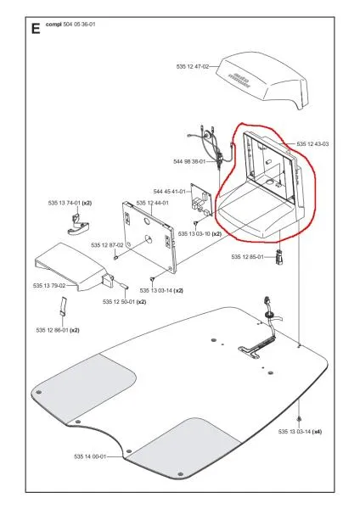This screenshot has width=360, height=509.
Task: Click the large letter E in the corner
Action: point(35,28)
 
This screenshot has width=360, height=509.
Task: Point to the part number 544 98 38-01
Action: point(190,161)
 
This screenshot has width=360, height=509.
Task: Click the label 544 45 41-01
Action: point(170,193)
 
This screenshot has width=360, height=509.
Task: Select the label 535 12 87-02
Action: point(108,245)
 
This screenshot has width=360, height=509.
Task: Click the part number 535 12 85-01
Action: point(248,256)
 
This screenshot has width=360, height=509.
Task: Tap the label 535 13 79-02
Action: point(50,286)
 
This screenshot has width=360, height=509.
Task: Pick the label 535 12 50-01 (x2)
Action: point(125,301)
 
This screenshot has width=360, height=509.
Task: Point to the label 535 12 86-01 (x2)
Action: point(58,329)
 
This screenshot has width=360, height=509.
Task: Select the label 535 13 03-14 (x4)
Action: point(300,432)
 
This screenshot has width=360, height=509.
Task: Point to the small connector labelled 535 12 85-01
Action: point(277,256)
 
